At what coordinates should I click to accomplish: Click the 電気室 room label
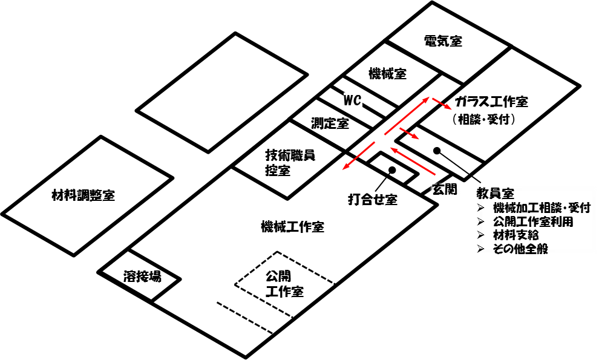click(443, 41)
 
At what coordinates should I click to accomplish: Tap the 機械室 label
click(387, 73)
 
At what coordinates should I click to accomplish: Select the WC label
click(352, 100)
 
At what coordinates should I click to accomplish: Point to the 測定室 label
click(330, 123)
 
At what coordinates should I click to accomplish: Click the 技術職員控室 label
click(290, 163)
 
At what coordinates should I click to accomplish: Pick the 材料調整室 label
click(83, 195)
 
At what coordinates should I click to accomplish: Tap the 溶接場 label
click(142, 276)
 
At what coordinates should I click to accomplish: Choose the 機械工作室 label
click(292, 227)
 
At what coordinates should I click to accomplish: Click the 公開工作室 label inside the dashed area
click(284, 284)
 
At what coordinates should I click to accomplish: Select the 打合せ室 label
click(373, 200)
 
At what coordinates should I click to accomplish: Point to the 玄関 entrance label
click(444, 189)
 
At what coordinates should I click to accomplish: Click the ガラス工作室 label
click(492, 102)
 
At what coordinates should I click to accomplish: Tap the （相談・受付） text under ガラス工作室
click(483, 120)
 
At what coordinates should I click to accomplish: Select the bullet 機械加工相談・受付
click(534, 208)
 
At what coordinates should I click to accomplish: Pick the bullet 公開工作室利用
click(525, 221)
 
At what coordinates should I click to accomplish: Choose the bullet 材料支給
click(508, 235)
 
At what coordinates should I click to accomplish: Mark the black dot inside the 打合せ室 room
click(391, 169)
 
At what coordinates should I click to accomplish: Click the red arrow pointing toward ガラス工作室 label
click(441, 103)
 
